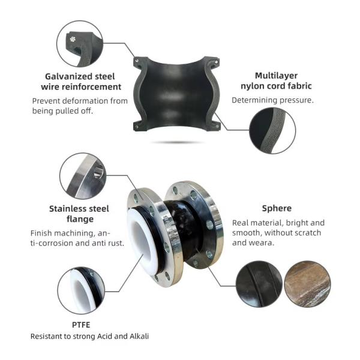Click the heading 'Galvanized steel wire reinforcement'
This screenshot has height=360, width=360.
79,81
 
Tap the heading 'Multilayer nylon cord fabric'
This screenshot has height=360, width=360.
275,81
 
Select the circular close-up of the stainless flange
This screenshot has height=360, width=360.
83,176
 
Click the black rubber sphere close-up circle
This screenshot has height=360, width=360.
259,283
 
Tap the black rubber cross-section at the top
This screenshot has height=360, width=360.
174,93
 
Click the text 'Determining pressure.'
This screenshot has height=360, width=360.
272,100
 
